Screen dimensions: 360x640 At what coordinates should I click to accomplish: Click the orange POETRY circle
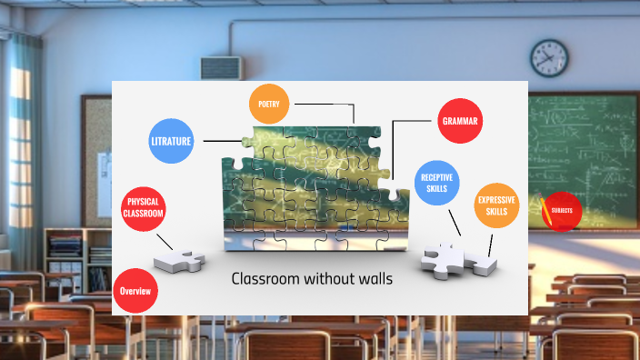[269, 105]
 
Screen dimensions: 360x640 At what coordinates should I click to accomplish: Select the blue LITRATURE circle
[171, 141]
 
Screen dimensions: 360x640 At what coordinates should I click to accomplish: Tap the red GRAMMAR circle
[459, 120]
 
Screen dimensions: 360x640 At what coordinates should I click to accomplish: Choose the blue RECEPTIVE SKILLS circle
[438, 182]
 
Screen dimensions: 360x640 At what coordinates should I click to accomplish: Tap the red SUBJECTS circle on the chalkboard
[561, 212]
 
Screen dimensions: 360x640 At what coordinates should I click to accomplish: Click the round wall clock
[548, 57]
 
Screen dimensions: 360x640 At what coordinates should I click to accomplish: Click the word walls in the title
[374, 279]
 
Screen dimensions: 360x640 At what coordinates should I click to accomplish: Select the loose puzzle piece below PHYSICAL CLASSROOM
[179, 261]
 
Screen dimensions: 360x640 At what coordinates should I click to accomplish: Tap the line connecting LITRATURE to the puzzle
[222, 141]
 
